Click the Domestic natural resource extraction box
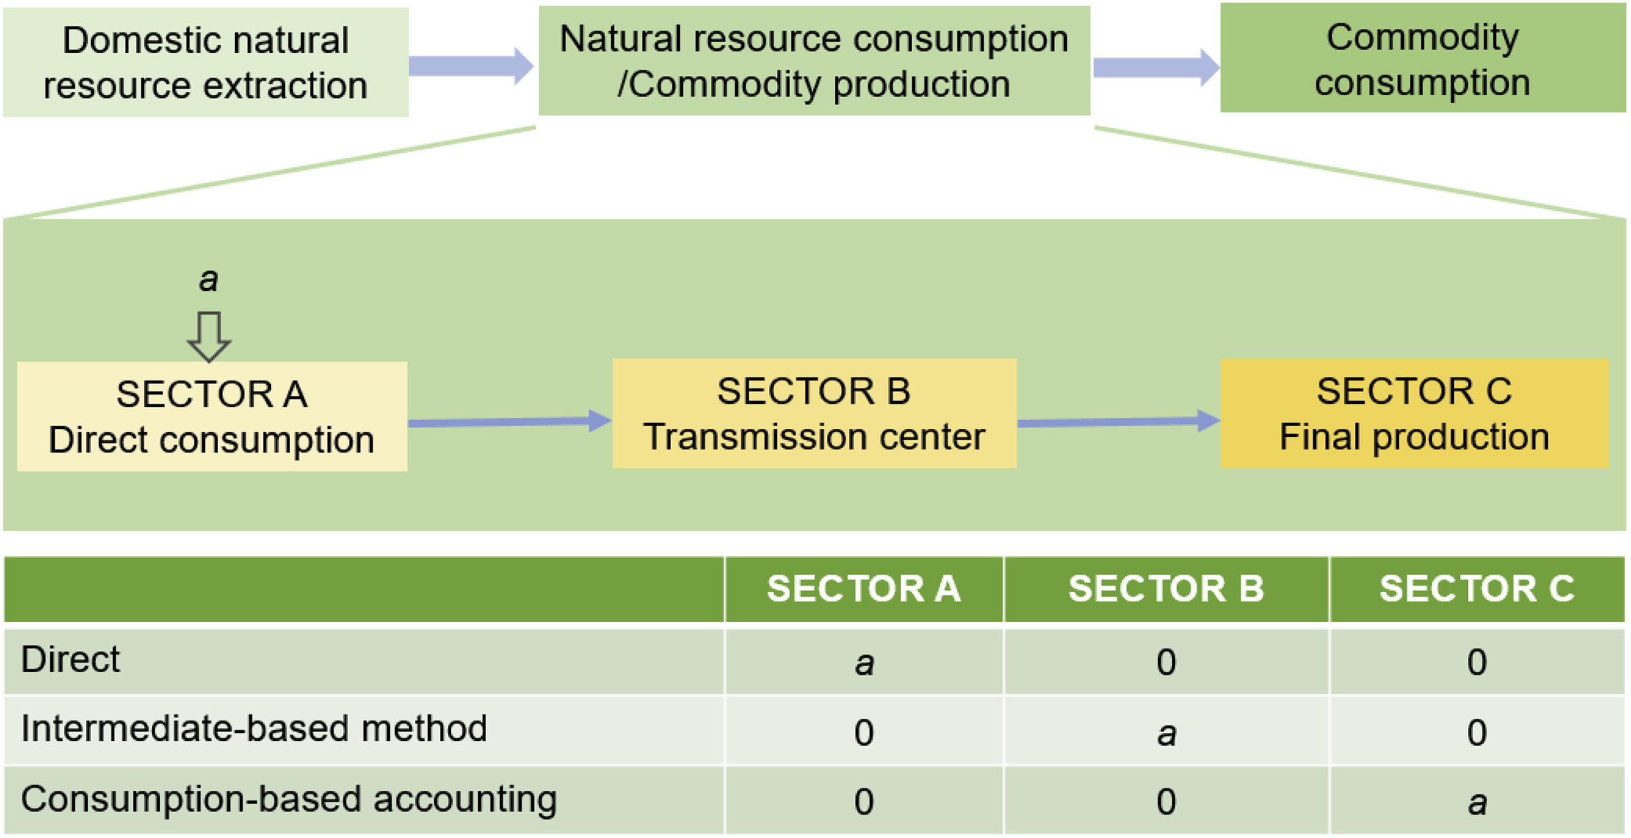(x=205, y=62)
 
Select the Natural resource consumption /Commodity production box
(x=814, y=61)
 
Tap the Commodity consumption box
(x=1422, y=57)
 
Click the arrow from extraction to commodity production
(x=471, y=65)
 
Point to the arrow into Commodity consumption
(x=1156, y=67)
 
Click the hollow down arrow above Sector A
(x=209, y=337)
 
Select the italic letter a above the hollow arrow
(x=209, y=280)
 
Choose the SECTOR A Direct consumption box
(x=212, y=416)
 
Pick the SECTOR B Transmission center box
(x=814, y=414)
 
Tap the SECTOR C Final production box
(x=1414, y=414)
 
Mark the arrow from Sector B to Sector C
(x=1118, y=421)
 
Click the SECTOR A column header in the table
(x=864, y=589)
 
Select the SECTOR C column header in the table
(x=1477, y=589)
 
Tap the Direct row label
(x=71, y=660)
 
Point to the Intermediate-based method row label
(x=254, y=728)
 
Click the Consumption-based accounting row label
(x=289, y=800)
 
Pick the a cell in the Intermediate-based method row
(x=1167, y=732)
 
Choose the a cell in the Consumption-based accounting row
(x=1477, y=802)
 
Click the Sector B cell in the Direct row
(x=1167, y=662)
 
